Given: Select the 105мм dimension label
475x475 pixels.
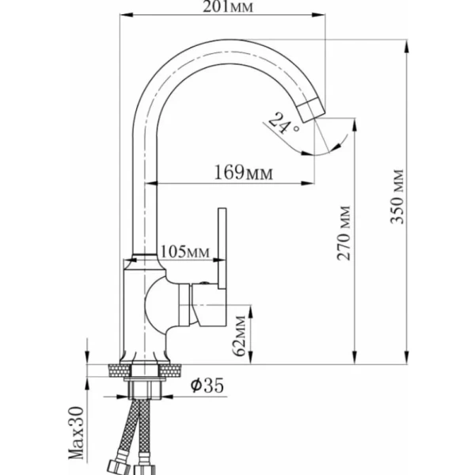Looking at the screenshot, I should (184, 252).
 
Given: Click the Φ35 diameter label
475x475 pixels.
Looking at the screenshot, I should (207, 386).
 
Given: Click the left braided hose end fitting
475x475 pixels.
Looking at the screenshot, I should (115, 463).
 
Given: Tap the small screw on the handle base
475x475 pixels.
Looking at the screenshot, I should (208, 284).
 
